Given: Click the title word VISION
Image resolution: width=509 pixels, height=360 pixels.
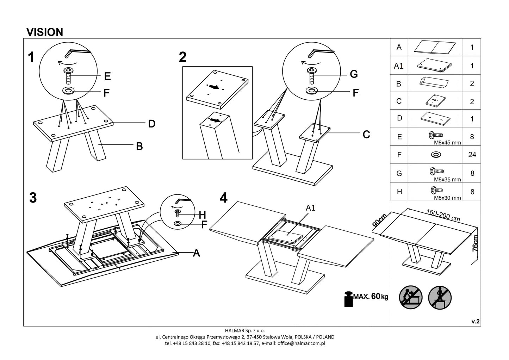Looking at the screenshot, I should click(45, 32).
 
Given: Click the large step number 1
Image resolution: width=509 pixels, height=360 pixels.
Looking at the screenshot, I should click(31, 57).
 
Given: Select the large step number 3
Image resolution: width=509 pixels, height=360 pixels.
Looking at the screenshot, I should click(33, 198).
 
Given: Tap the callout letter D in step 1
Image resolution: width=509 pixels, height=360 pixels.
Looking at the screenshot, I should click(151, 124).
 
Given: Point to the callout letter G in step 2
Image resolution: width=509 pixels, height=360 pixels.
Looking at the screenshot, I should click(354, 74).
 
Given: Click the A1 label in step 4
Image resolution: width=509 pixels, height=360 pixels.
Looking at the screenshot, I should click(310, 208).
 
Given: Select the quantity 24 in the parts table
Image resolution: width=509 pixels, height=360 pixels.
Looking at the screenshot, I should click(472, 155).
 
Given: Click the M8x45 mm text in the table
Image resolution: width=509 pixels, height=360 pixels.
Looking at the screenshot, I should click(447, 143).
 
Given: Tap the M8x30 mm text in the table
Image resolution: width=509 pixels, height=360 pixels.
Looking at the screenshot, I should click(447, 198).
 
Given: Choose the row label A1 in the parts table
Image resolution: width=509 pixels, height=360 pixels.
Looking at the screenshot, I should click(399, 66).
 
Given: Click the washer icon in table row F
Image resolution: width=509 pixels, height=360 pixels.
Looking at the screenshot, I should click(436, 154).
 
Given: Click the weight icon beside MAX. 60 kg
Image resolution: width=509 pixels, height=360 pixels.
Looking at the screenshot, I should click(349, 298).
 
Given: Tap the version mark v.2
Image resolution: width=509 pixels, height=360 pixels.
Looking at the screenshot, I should click(476, 321).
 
